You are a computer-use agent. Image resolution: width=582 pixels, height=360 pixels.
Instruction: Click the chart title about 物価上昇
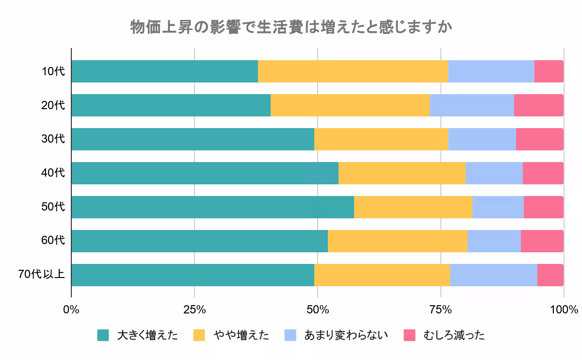point(291,27)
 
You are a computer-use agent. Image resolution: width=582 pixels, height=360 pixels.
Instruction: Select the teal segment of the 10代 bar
point(164,71)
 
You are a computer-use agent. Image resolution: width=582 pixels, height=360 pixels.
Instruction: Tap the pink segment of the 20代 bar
point(538,105)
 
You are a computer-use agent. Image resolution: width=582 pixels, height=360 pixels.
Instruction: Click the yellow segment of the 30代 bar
point(381,139)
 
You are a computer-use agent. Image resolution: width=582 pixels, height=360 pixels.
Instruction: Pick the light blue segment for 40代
point(494,173)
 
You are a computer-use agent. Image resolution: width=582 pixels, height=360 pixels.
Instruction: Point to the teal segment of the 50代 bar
point(212,207)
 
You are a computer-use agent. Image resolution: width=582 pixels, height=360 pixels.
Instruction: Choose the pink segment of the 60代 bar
point(542,241)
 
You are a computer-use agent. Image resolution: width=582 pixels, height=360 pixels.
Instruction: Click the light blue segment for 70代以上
point(493,275)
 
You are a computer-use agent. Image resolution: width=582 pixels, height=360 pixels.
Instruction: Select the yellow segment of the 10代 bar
point(353,71)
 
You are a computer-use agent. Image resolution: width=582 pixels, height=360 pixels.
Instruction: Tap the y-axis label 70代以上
point(41,275)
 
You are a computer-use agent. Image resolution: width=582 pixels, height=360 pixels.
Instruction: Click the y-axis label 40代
point(53,173)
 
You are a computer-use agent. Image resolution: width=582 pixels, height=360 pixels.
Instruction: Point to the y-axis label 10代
point(53,71)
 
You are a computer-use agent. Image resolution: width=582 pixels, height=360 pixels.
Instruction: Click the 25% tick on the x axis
point(194,310)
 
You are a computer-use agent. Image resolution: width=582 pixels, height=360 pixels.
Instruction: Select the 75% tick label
point(441,310)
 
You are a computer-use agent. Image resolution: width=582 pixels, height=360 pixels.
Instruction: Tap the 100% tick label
point(564,310)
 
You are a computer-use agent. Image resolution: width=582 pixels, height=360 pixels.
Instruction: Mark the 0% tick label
point(71,310)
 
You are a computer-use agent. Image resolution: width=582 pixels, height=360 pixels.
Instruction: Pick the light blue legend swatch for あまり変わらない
point(290,335)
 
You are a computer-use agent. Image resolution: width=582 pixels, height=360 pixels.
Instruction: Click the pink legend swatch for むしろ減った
point(410,335)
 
